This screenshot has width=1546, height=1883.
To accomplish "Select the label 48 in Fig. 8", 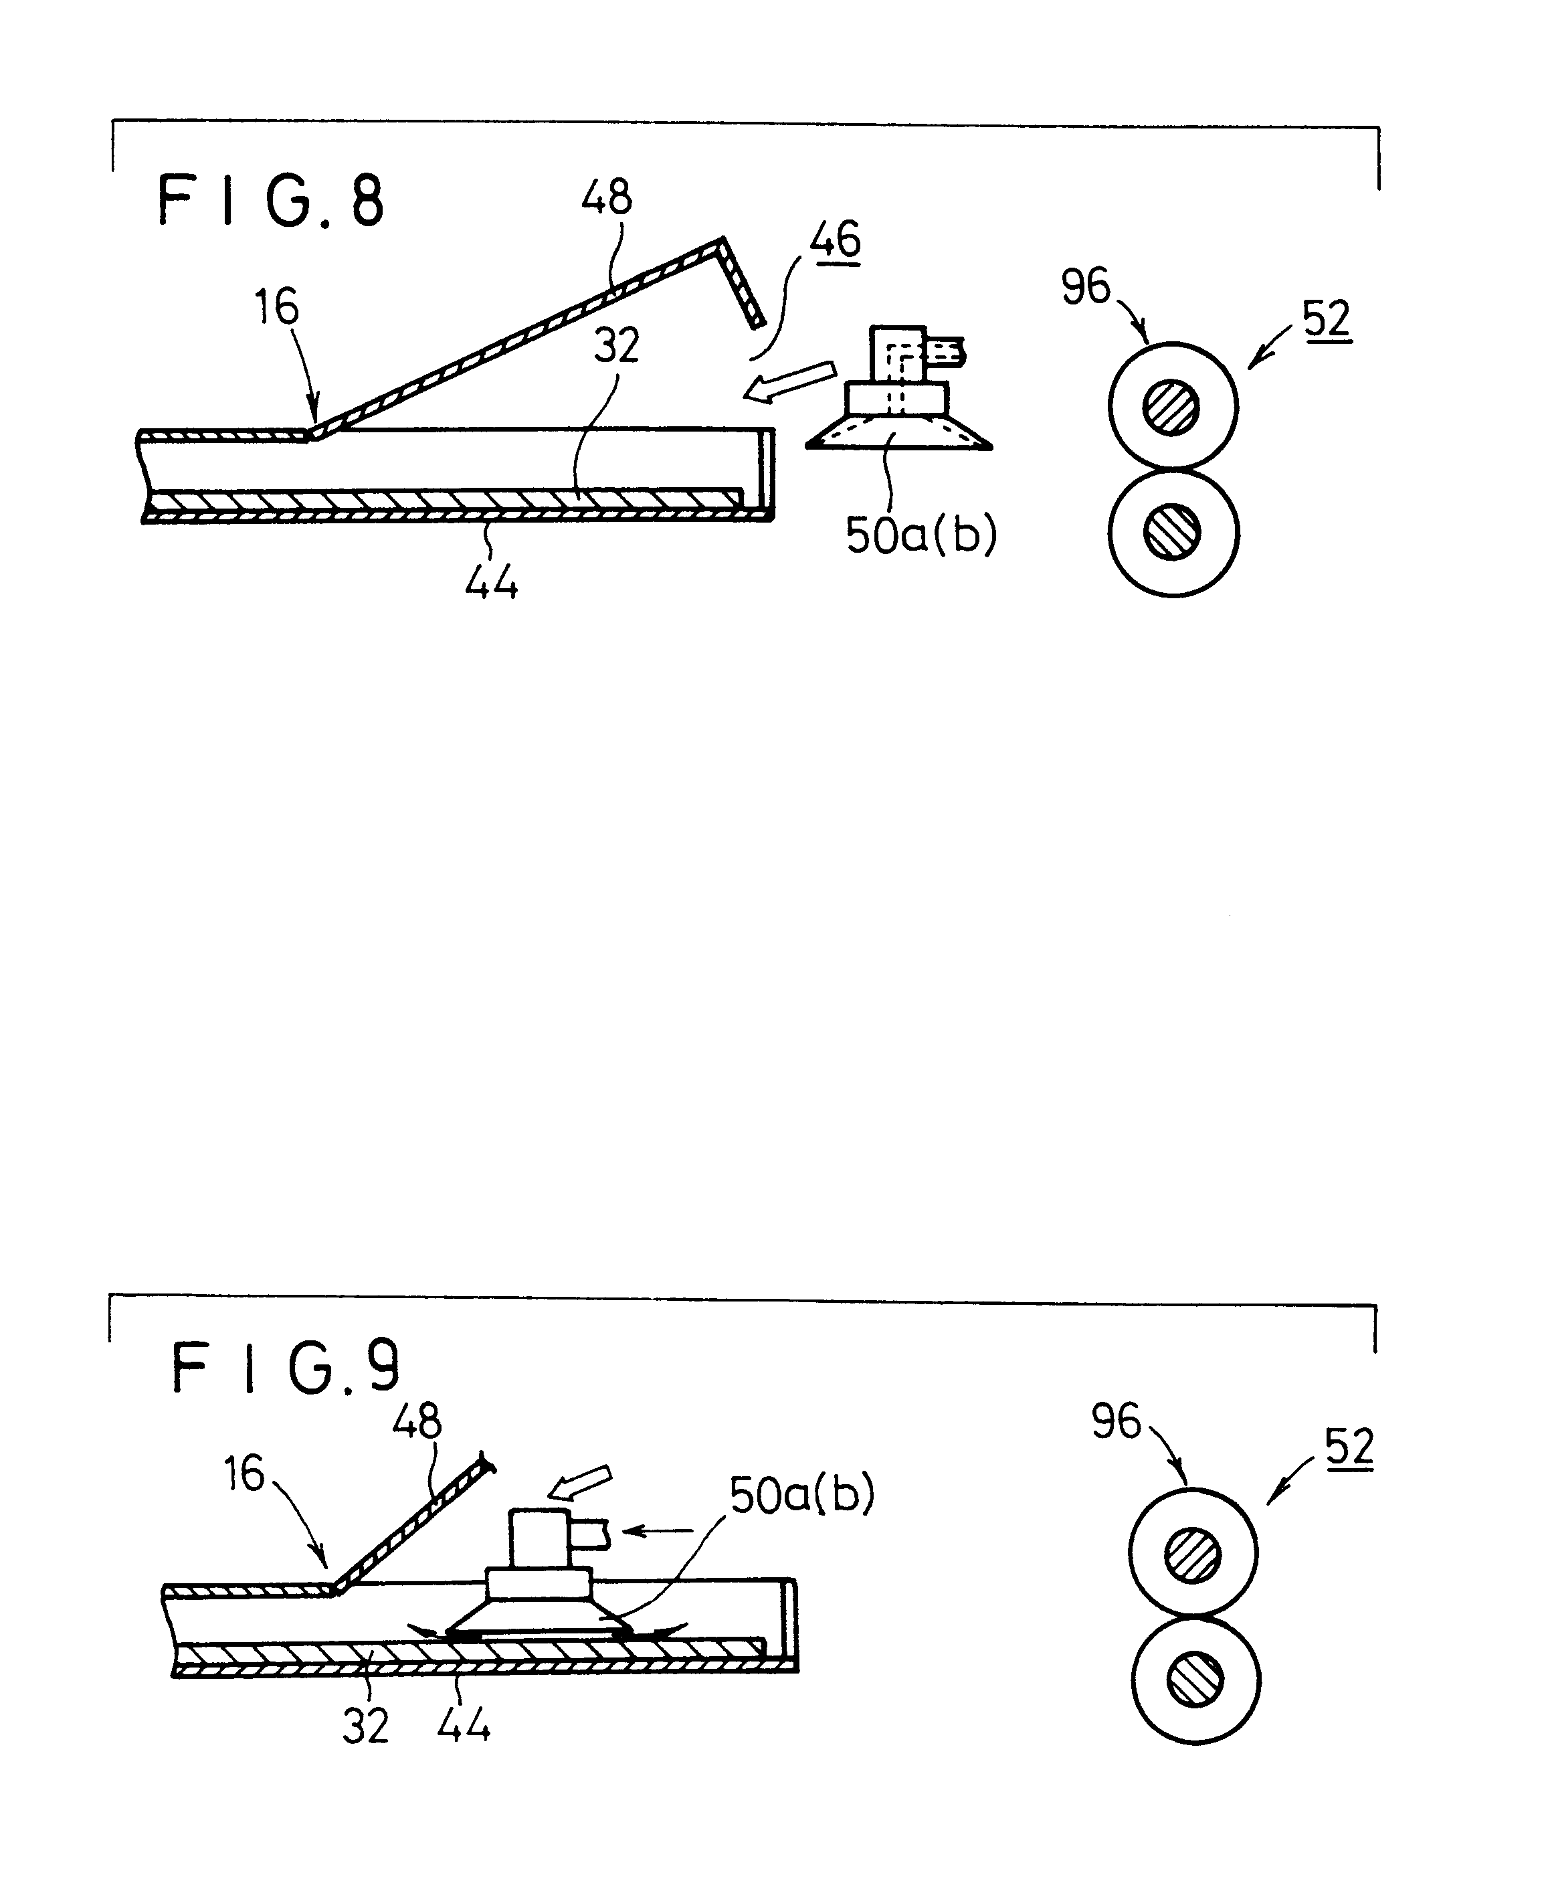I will (607, 198).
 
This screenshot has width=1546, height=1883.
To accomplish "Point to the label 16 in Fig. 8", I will (276, 307).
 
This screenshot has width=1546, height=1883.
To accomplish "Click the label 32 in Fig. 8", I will (616, 345).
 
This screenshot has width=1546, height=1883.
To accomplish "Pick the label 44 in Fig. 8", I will (492, 584).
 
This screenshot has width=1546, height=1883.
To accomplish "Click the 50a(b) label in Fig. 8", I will (921, 535).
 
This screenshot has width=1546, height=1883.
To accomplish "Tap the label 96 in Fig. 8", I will (1086, 287).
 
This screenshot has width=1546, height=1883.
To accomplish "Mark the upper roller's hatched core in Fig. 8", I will (1172, 407).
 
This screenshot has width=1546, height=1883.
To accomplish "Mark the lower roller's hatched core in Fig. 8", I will (1172, 533).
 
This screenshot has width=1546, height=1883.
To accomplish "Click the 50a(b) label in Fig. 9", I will (801, 1494).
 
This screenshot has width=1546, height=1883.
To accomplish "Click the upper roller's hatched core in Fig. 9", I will (1193, 1556).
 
